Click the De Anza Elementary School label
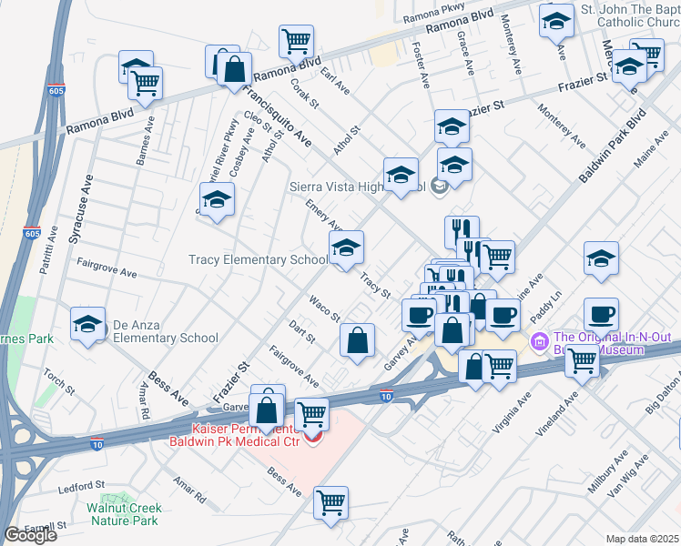pyautogui.click(x=165, y=338)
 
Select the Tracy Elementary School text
pyautogui.click(x=258, y=259)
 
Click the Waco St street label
pyautogui.click(x=323, y=308)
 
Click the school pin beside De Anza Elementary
pyautogui.click(x=87, y=325)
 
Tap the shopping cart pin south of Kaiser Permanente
pyautogui.click(x=330, y=503)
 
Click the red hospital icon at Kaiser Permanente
pyautogui.click(x=313, y=438)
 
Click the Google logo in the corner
pyautogui.click(x=30, y=535)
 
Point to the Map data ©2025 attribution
pyautogui.click(x=643, y=539)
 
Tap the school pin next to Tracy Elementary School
pyautogui.click(x=346, y=248)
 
